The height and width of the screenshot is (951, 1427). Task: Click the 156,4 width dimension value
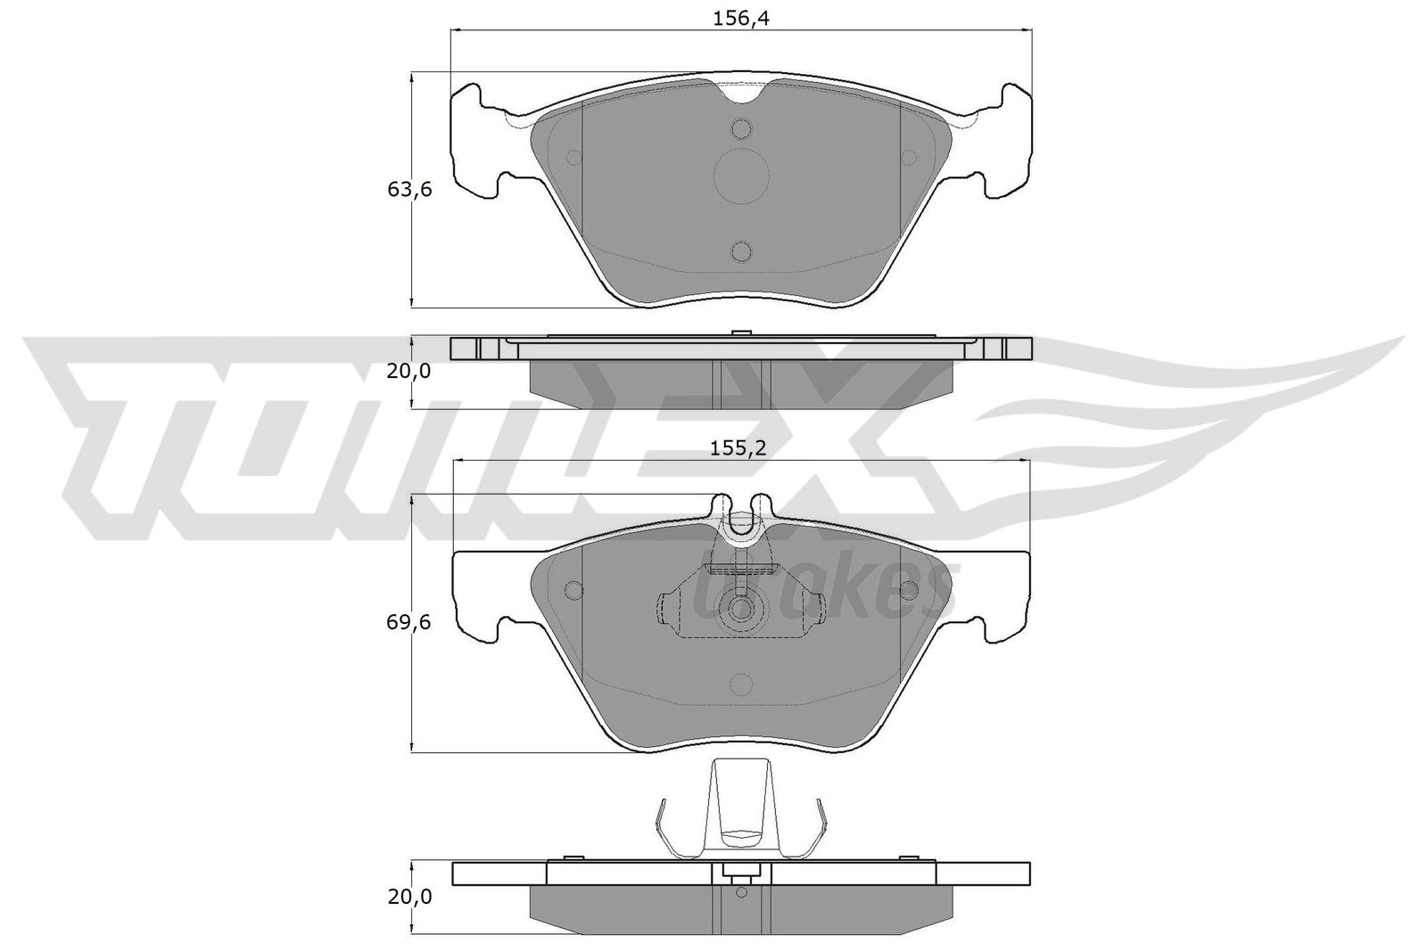741,19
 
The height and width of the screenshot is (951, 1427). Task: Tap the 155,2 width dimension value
738,449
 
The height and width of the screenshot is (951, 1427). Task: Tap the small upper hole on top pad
742,130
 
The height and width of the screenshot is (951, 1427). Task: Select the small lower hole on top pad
742,251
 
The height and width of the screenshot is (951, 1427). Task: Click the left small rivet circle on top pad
573,157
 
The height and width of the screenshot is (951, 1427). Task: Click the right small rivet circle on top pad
909,158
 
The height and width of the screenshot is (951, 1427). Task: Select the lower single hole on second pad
741,684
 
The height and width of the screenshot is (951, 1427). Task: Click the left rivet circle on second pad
573,590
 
